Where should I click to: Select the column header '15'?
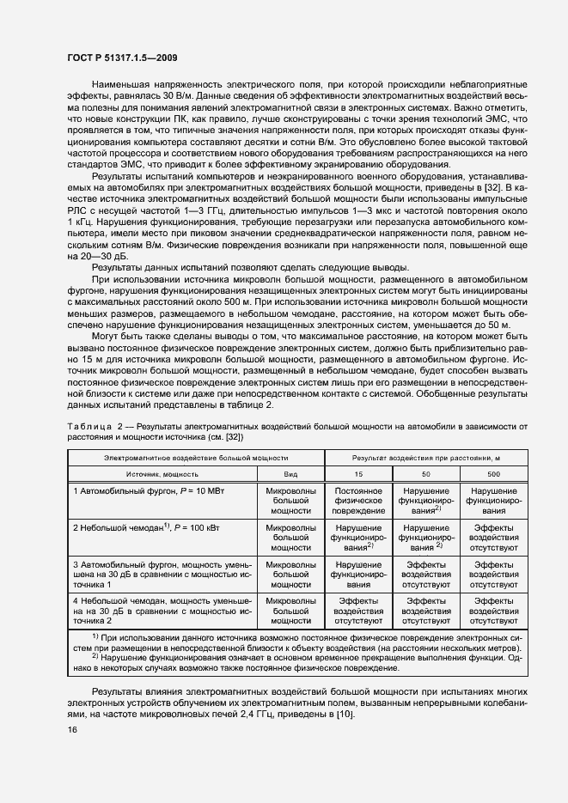[x=358, y=473]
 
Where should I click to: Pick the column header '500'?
[x=496, y=473]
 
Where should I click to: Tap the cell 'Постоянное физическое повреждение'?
[x=358, y=499]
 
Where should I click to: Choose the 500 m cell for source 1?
[x=496, y=499]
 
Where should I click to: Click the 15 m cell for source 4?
[x=358, y=610]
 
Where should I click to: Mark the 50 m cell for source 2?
[x=426, y=536]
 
